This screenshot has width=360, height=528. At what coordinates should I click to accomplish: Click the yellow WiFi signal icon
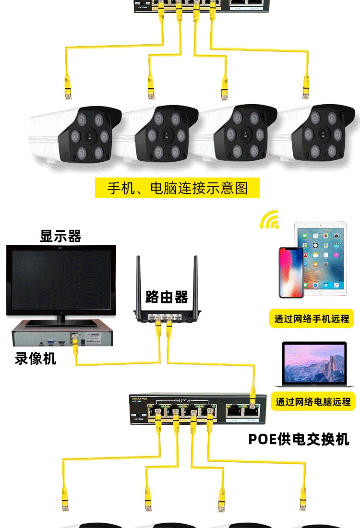click(270, 220)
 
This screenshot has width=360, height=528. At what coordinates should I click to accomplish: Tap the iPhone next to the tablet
click(291, 272)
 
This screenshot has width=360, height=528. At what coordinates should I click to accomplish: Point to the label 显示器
click(60, 236)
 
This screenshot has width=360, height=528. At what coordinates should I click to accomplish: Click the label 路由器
click(167, 297)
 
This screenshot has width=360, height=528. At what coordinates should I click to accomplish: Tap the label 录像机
click(36, 358)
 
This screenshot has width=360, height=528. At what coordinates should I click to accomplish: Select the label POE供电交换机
click(299, 439)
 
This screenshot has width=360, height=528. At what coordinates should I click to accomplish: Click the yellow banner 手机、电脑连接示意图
click(177, 188)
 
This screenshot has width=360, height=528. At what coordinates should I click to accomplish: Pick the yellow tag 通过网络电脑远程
click(313, 402)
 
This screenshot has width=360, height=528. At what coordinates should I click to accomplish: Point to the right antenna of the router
click(195, 283)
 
